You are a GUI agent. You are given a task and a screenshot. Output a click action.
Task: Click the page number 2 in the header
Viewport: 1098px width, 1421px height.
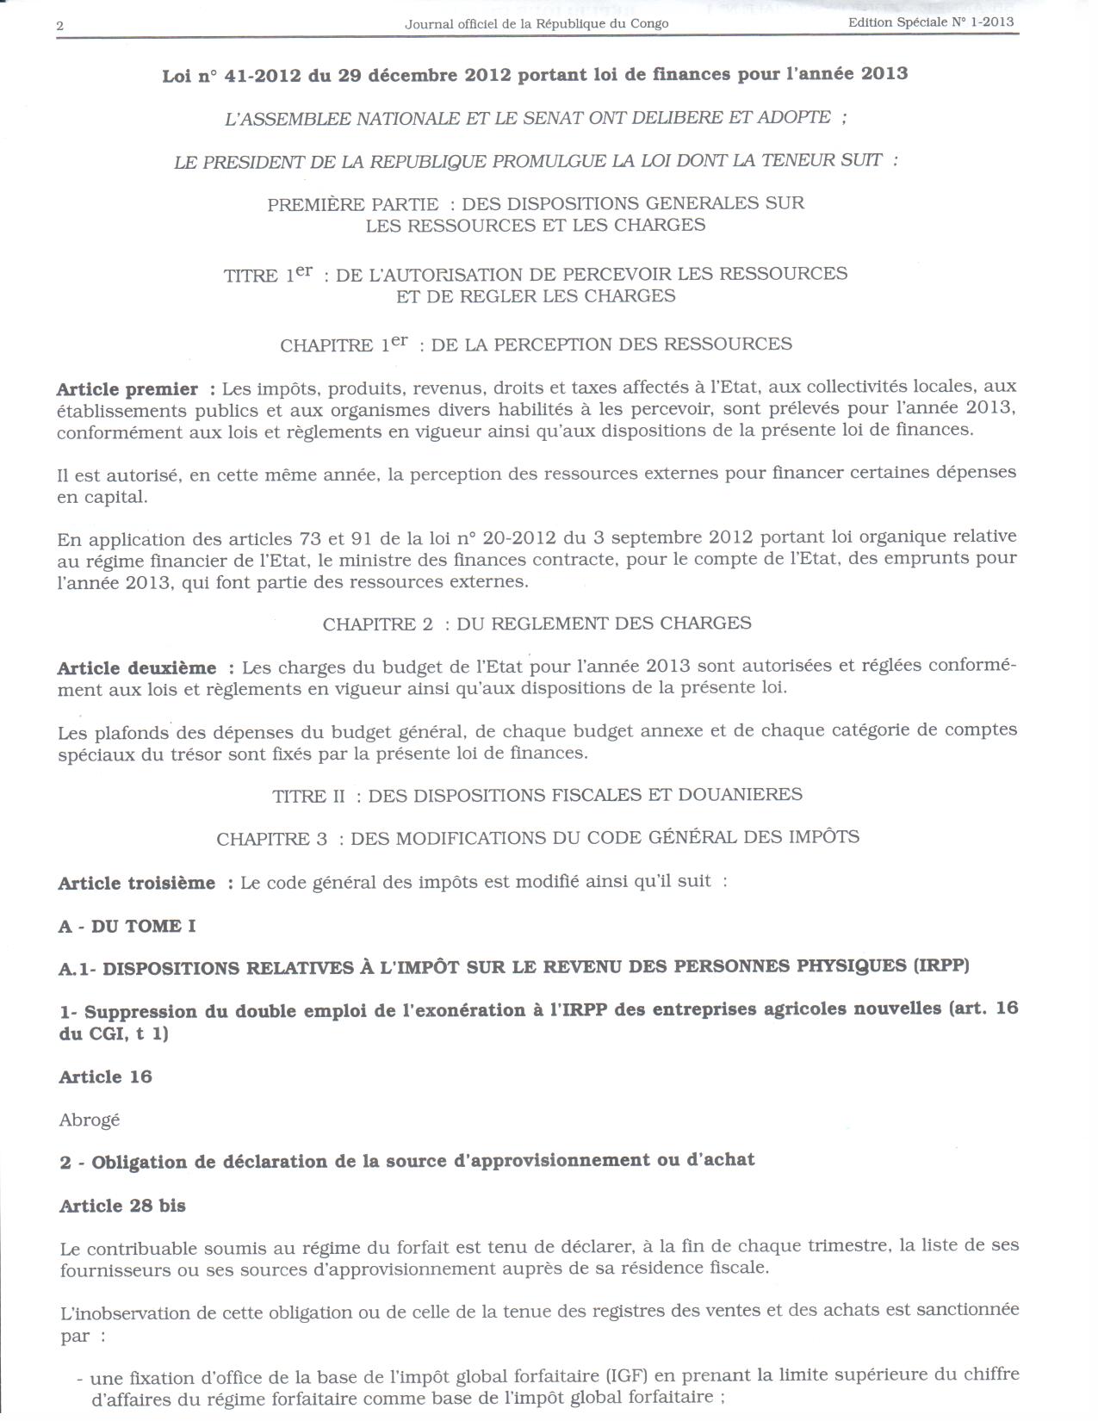coord(60,26)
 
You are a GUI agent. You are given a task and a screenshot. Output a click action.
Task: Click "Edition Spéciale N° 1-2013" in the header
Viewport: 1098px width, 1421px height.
coord(931,22)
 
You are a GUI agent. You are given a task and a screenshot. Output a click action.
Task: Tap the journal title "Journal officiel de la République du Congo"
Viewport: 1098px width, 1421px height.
coord(537,24)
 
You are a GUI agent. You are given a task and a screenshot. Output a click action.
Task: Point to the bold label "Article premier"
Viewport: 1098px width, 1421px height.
coord(127,389)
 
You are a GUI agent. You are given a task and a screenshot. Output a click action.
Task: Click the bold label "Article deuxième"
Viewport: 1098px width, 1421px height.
coord(137,668)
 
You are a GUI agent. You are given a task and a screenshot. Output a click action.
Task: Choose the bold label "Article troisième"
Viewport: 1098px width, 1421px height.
coord(137,884)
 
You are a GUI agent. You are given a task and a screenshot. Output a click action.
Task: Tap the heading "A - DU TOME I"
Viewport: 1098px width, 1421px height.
coord(127,927)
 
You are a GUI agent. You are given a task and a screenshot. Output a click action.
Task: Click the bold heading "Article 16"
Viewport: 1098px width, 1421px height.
coord(105,1077)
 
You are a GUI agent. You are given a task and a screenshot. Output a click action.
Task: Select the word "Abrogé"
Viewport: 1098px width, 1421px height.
coord(90,1120)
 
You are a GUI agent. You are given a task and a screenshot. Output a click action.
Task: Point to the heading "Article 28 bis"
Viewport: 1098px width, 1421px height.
coord(122,1207)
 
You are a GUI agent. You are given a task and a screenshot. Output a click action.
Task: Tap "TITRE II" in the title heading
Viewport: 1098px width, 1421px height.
coord(308,797)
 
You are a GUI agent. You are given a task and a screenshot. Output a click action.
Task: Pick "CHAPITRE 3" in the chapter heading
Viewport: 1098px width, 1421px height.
coord(272,839)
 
